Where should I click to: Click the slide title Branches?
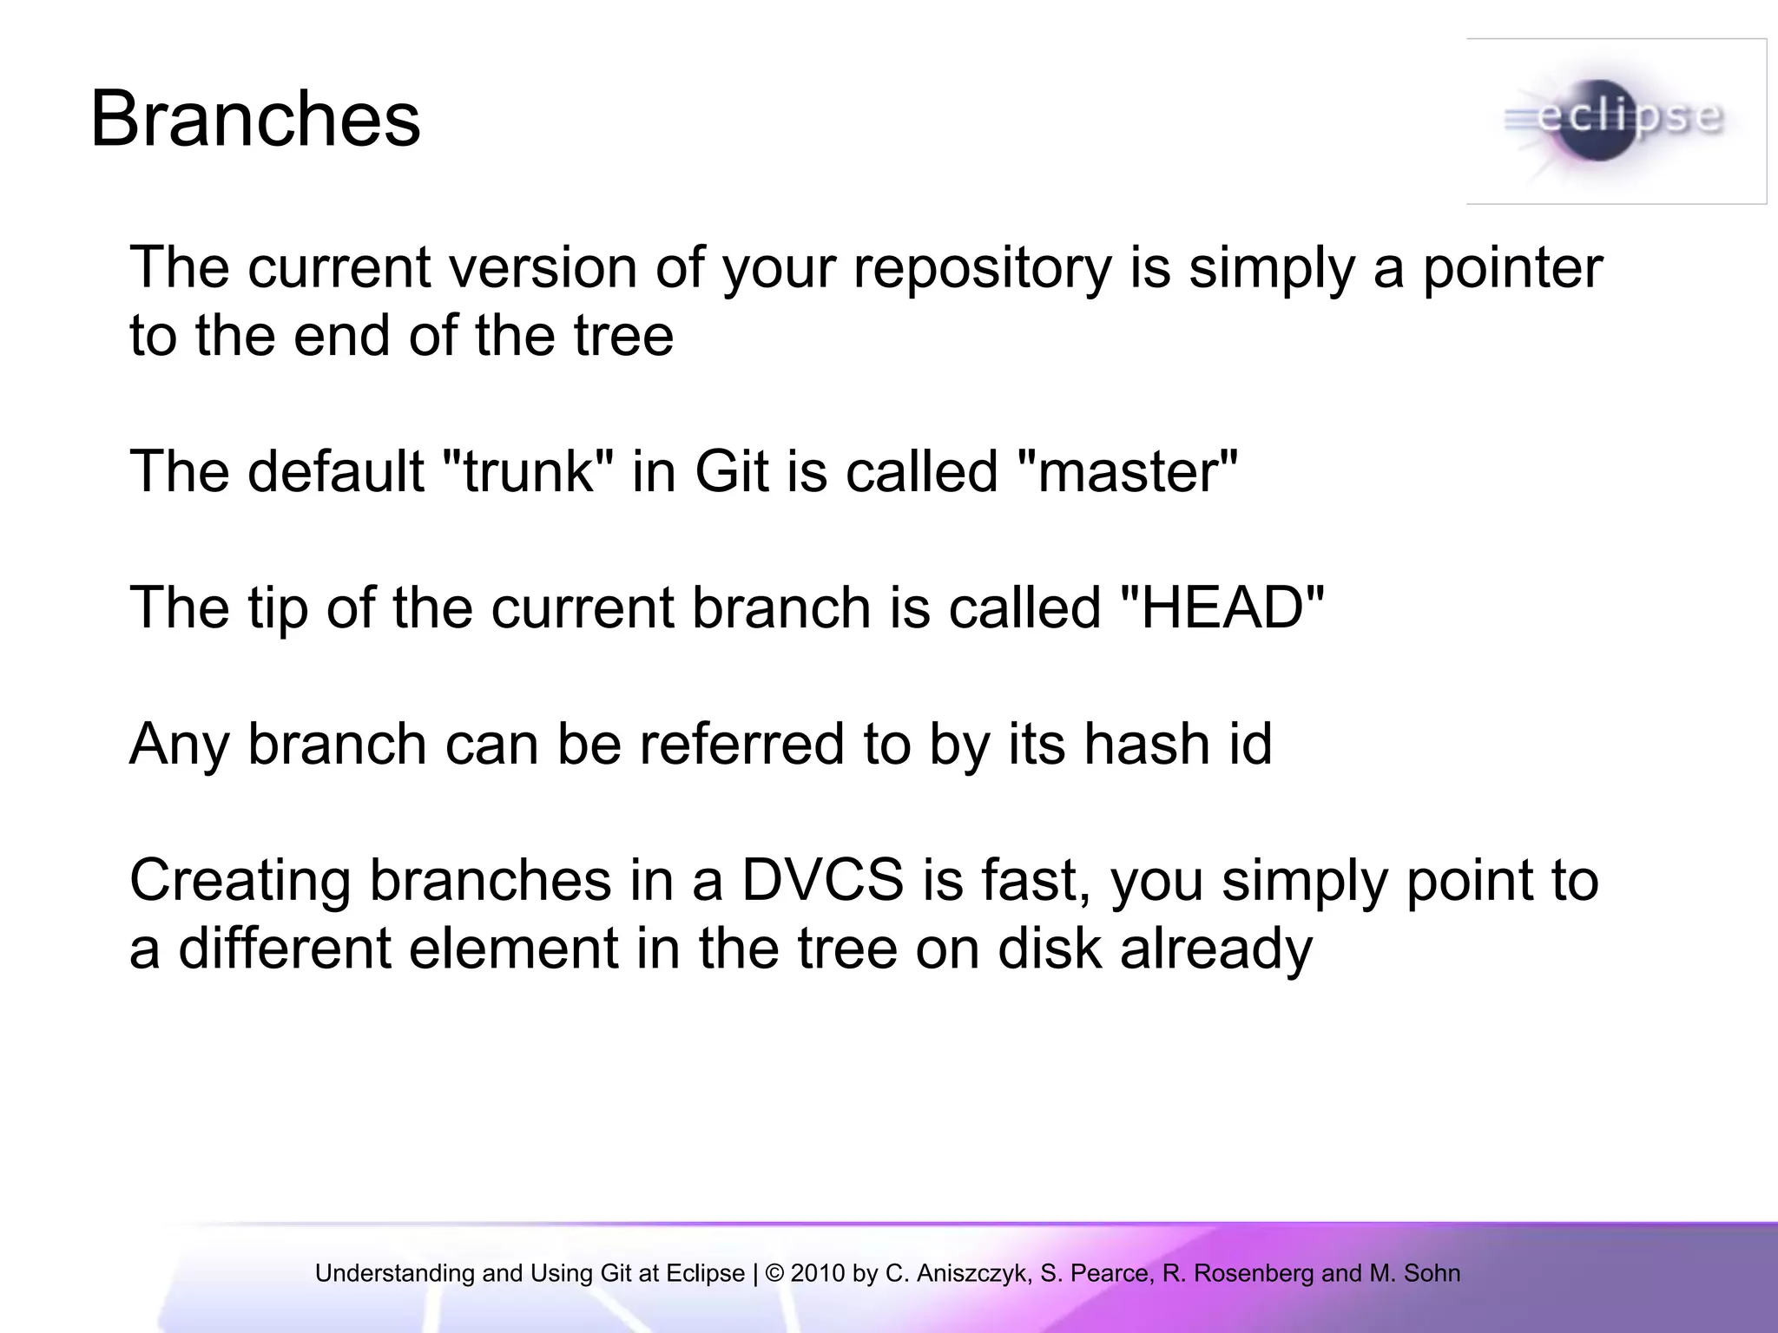coord(255,120)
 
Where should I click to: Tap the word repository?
coord(982,267)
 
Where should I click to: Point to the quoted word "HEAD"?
coord(1222,607)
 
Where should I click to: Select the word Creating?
coord(240,880)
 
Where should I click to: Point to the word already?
coord(1215,949)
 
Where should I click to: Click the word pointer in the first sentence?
coord(1512,267)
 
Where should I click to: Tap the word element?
coord(513,949)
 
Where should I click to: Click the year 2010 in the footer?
coord(817,1273)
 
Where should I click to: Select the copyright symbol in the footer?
coord(774,1273)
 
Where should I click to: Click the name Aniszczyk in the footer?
coord(972,1273)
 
